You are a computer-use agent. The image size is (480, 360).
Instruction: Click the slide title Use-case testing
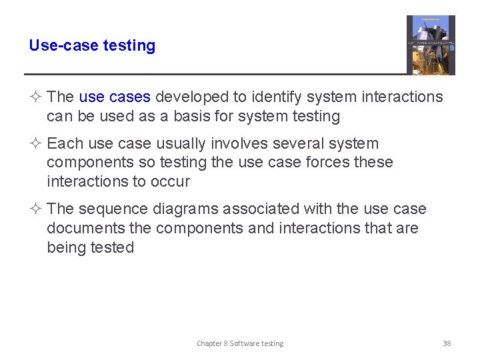tap(92, 46)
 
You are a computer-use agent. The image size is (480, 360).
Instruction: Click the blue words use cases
tap(115, 97)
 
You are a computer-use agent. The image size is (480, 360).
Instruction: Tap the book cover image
tap(431, 45)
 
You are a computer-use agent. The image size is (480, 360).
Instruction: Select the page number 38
tap(447, 343)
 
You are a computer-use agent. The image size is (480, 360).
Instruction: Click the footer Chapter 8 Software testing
tap(240, 343)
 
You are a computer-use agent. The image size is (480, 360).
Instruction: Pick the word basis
tap(190, 116)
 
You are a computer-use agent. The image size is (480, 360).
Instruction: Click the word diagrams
tap(185, 209)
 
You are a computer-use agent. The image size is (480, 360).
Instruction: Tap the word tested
tap(113, 247)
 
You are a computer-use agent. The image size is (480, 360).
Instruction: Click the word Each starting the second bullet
tap(64, 143)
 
